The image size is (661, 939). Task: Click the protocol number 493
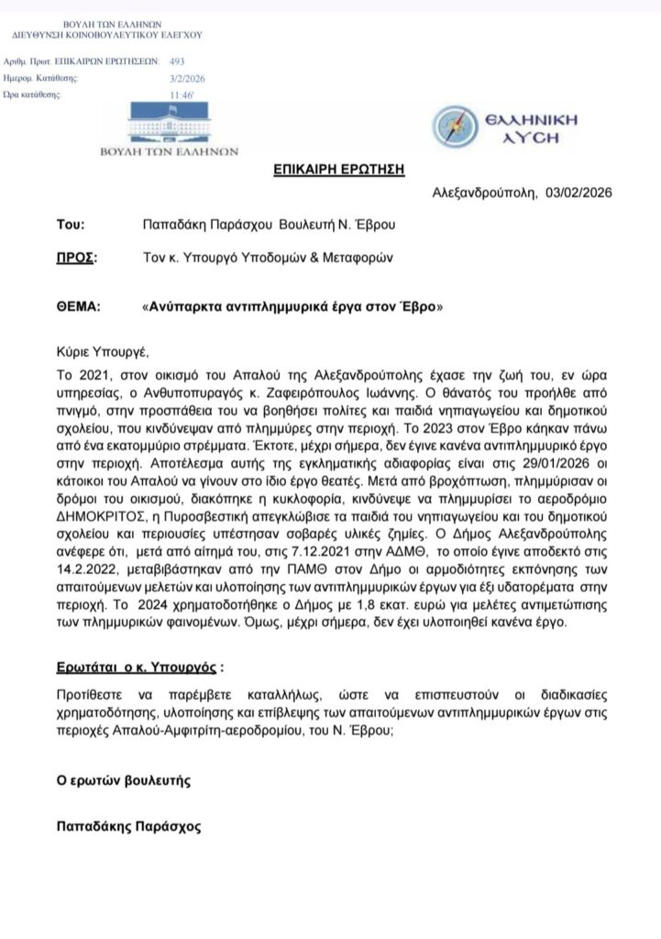pyautogui.click(x=177, y=61)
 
